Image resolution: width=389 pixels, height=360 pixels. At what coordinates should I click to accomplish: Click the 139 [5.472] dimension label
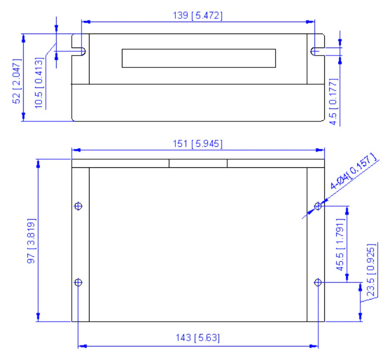pyautogui.click(x=197, y=16)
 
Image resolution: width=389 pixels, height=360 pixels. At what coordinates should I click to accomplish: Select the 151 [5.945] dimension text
pyautogui.click(x=197, y=144)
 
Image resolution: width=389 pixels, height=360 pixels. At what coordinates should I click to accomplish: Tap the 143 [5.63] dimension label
pyautogui.click(x=197, y=338)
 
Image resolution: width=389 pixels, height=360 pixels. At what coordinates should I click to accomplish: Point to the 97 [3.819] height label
pyautogui.click(x=31, y=241)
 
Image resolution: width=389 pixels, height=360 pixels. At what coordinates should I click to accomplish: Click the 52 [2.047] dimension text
pyautogui.click(x=17, y=81)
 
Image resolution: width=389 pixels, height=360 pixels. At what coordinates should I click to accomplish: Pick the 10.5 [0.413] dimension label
pyautogui.click(x=39, y=83)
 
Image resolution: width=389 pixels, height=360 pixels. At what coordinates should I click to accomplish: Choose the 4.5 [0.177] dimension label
pyautogui.click(x=333, y=101)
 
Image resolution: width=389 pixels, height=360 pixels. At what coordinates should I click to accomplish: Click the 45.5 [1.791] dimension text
pyautogui.click(x=340, y=244)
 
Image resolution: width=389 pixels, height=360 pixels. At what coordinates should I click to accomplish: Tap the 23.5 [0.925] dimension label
pyautogui.click(x=371, y=270)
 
